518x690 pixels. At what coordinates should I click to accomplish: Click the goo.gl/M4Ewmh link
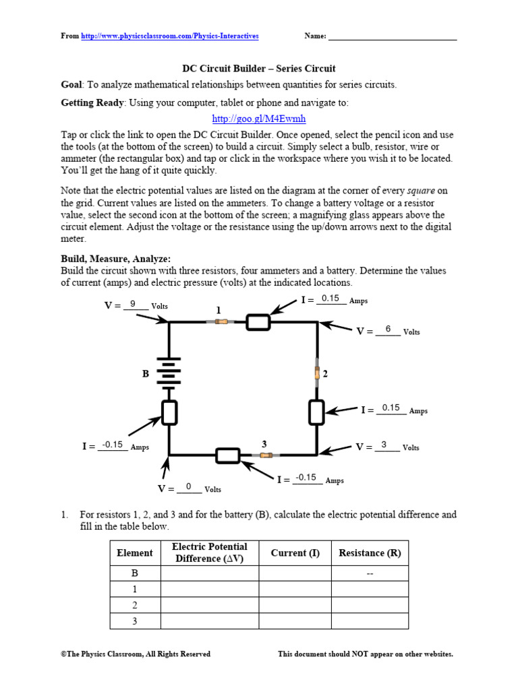click(x=259, y=119)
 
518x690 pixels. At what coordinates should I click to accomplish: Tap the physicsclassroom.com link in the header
click(x=170, y=36)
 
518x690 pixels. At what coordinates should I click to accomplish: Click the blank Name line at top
click(x=392, y=36)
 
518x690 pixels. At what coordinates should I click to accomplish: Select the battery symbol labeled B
click(x=169, y=373)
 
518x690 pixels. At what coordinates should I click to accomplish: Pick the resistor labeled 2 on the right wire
click(x=317, y=373)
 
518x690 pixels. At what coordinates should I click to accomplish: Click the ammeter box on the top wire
click(x=258, y=322)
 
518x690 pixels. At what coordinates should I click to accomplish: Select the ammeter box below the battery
click(x=169, y=412)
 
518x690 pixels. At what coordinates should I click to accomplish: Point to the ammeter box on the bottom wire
click(x=228, y=456)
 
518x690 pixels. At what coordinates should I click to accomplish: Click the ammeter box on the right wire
click(x=317, y=412)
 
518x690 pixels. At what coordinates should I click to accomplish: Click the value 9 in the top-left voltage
click(x=133, y=304)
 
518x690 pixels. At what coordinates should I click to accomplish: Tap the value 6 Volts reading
click(x=388, y=329)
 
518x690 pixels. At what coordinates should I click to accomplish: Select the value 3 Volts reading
click(x=384, y=445)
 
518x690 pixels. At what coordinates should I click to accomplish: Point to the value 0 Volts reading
click(x=189, y=487)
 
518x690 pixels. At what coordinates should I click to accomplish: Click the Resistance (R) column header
click(x=370, y=553)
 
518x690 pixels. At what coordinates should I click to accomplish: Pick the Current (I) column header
click(x=295, y=553)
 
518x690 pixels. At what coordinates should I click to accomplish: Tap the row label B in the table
click(x=135, y=573)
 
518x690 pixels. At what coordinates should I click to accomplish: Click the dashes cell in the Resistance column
click(x=370, y=573)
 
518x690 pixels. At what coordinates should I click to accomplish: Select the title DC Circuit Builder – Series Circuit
click(x=259, y=69)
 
